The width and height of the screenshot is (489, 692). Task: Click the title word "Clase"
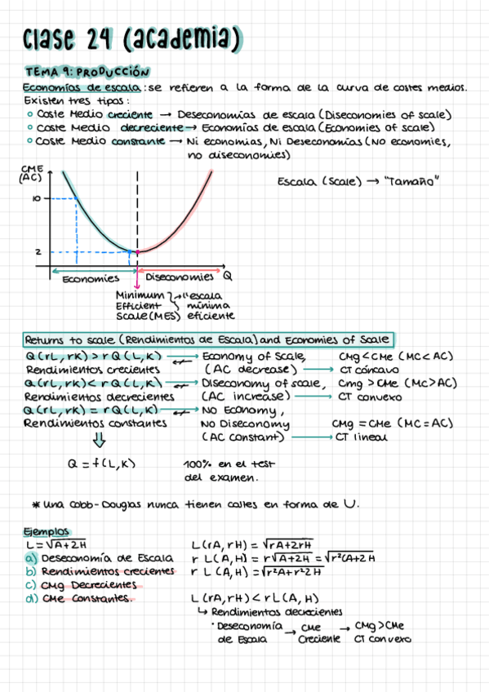(x=54, y=37)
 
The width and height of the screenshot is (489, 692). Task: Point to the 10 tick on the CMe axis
(x=37, y=197)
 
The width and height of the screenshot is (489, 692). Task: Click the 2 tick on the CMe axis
(x=38, y=252)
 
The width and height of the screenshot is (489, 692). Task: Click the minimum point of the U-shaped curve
(x=136, y=251)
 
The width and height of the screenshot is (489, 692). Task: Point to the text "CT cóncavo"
(x=368, y=370)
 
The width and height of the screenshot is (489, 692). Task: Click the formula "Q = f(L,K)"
(x=102, y=465)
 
